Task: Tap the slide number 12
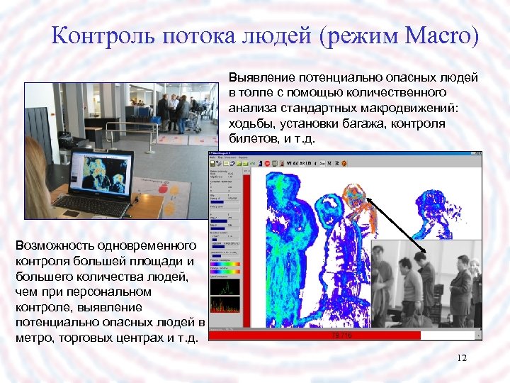pos(462,357)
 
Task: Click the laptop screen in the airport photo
pos(99,172)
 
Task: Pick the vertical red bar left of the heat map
pos(246,248)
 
